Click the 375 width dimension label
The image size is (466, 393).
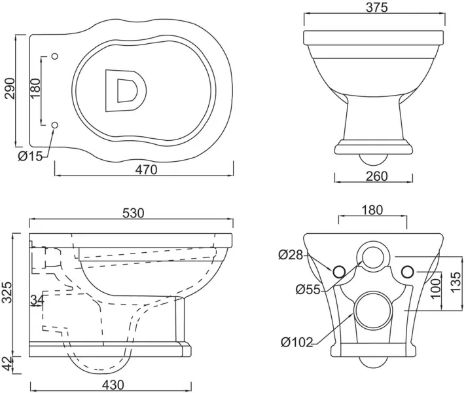coord(376,7)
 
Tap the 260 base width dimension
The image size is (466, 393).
coord(376,176)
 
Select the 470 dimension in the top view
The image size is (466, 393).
coord(146,170)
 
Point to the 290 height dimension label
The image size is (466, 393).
coord(9,88)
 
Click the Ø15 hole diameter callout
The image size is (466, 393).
coord(31,156)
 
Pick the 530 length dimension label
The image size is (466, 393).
coord(134,213)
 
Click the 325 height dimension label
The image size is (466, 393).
coord(7,292)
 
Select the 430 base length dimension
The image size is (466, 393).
coord(113,385)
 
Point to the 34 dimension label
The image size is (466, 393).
coord(37,300)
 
